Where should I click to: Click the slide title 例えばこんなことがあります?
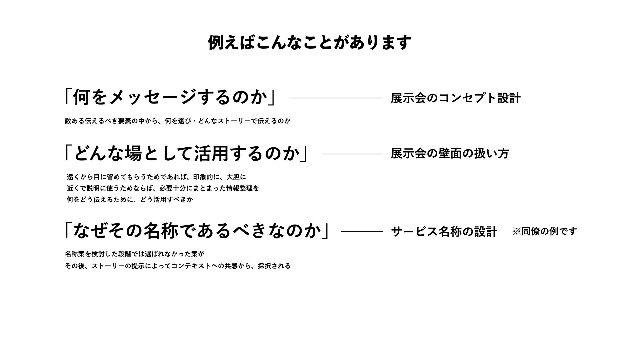click(x=310, y=43)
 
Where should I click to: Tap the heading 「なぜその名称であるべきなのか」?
click(x=197, y=231)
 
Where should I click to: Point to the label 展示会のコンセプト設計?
click(x=455, y=98)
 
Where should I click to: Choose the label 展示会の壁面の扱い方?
click(x=450, y=154)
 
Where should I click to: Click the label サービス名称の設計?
click(x=444, y=231)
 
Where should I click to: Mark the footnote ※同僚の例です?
click(x=544, y=231)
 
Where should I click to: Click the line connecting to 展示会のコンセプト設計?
click(x=336, y=98)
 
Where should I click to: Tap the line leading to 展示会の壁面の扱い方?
click(x=352, y=154)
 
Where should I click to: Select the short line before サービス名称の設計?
click(x=362, y=231)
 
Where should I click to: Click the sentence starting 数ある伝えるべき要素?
click(x=178, y=121)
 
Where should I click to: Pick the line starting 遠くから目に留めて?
click(x=156, y=177)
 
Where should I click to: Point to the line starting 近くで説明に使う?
click(x=163, y=188)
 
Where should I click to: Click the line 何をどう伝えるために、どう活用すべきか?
click(x=130, y=200)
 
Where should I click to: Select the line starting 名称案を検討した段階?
click(x=134, y=254)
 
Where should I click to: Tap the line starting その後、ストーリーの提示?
click(x=178, y=266)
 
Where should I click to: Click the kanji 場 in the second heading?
click(x=134, y=154)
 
